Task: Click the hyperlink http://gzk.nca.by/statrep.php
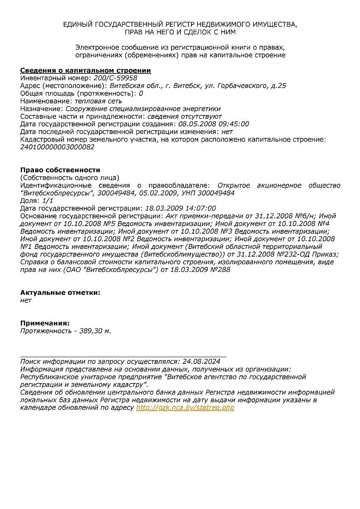(185, 408)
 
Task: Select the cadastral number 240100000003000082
(57, 147)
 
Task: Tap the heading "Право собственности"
(60, 170)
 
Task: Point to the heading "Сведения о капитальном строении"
(86, 70)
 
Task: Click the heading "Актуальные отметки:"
(61, 293)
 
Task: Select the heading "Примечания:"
(45, 323)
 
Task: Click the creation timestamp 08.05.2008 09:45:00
(214, 124)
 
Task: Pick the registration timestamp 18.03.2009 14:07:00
(180, 208)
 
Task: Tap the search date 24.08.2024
(201, 361)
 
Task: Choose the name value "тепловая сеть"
(98, 101)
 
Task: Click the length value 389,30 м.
(95, 331)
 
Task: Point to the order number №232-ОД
(304, 254)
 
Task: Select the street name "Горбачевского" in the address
(241, 86)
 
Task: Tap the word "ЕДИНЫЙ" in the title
(77, 25)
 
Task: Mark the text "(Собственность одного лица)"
(70, 177)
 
